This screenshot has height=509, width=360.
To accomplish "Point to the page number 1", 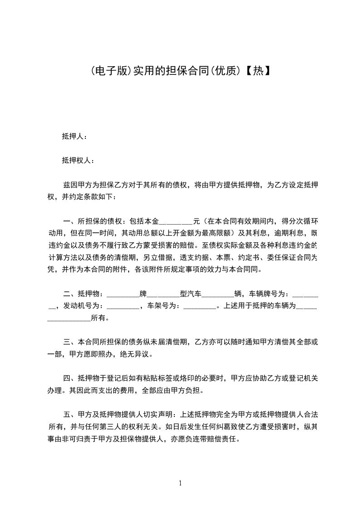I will point(180,483).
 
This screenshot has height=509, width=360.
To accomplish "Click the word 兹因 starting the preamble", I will point(69,185).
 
